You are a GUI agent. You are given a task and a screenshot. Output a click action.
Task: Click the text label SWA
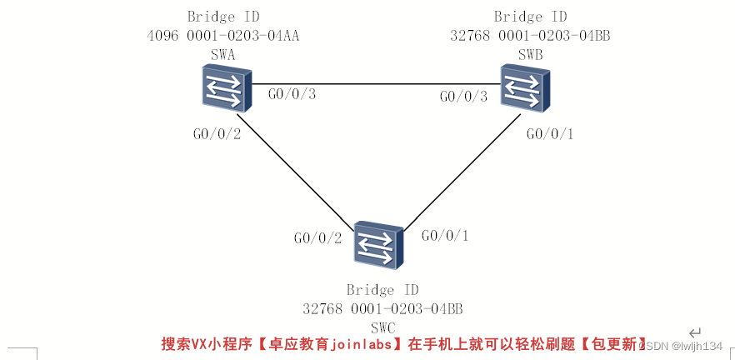pyautogui.click(x=223, y=54)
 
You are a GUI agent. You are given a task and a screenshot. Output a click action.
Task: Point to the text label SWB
pyautogui.click(x=530, y=54)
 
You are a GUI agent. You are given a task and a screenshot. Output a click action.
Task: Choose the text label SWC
pyautogui.click(x=382, y=327)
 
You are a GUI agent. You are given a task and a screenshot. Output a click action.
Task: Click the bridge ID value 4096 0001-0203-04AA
pyautogui.click(x=223, y=36)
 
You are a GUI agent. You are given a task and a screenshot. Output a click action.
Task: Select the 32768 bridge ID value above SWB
pyautogui.click(x=530, y=36)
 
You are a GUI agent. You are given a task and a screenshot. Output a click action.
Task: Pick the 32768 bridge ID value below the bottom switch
pyautogui.click(x=382, y=309)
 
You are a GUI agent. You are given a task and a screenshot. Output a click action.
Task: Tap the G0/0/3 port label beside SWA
pyautogui.click(x=292, y=94)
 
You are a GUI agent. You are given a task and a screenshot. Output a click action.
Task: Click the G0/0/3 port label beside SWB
pyautogui.click(x=463, y=97)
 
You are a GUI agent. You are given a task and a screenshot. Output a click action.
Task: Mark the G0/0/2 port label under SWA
pyautogui.click(x=217, y=133)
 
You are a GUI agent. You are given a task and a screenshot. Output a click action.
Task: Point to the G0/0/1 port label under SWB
pyautogui.click(x=550, y=133)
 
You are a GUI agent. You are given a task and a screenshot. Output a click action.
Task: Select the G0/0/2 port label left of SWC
pyautogui.click(x=317, y=238)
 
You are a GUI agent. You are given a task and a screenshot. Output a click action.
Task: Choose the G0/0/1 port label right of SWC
pyautogui.click(x=445, y=236)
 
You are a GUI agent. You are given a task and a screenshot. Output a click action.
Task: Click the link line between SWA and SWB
pyautogui.click(x=375, y=84)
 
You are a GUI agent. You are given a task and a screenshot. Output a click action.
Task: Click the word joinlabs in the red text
pyautogui.click(x=360, y=343)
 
